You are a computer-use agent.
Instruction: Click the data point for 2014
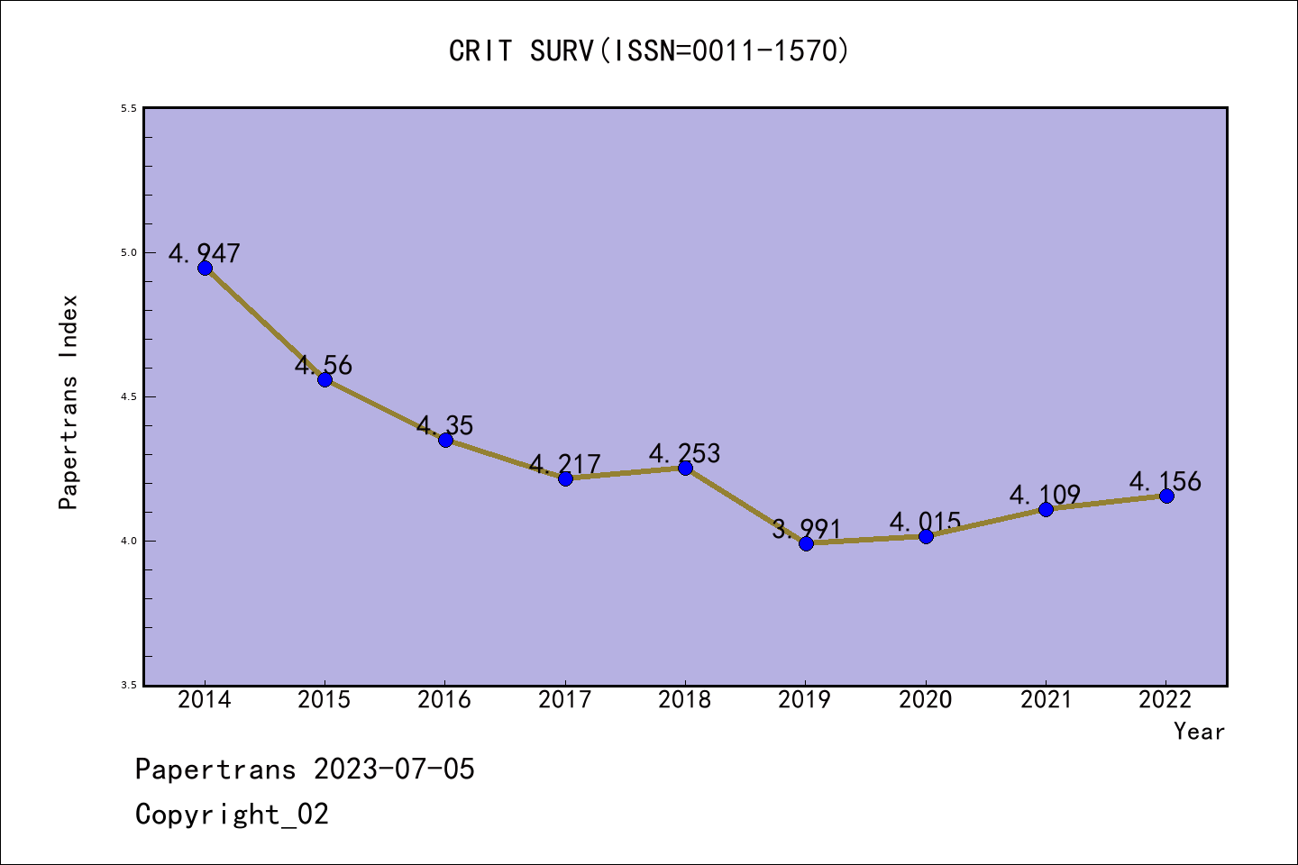tap(205, 268)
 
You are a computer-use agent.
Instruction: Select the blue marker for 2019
tap(806, 543)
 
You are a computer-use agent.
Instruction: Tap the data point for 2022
tap(1166, 496)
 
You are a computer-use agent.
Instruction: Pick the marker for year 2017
tap(565, 478)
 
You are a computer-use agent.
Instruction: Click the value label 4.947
tap(205, 253)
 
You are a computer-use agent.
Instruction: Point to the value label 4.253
tap(685, 453)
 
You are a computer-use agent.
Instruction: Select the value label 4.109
tap(1045, 495)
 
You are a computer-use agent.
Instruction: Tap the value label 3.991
tap(806, 529)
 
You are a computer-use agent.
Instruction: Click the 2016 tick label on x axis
tap(444, 700)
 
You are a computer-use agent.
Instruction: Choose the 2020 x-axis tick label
tap(926, 700)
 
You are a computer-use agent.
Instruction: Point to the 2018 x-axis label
tap(685, 700)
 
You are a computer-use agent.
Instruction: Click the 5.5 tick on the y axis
tap(129, 109)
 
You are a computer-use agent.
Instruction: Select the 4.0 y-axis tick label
tap(129, 542)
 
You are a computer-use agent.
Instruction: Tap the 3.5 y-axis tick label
tap(129, 686)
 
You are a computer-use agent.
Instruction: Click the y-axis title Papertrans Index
tap(69, 402)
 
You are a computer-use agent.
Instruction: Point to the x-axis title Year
tap(1199, 732)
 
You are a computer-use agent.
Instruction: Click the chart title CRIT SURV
tap(649, 50)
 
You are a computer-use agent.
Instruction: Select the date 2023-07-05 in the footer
tap(394, 769)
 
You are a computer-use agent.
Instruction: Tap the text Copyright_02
tap(232, 815)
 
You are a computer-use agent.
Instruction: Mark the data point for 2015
tap(324, 379)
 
